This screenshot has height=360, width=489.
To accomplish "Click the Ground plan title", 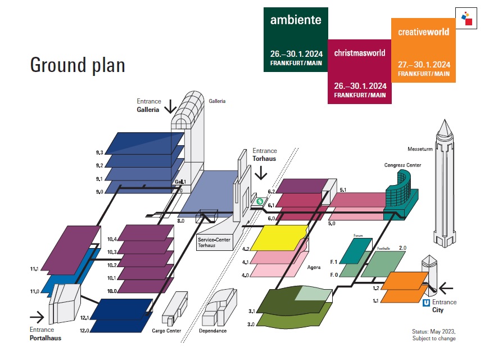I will pos(78,65).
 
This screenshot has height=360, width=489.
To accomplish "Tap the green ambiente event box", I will pos(295,40).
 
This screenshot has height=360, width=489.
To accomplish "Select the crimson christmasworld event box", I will pos(360,71).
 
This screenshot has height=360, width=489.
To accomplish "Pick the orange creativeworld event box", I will pos(423,51).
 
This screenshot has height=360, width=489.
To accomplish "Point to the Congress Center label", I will pos(402,165).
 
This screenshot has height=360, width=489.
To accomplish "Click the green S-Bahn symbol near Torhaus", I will pos(260,201).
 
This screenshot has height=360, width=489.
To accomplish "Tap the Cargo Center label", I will pos(166,331).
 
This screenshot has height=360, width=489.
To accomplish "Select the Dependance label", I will pos(212,331).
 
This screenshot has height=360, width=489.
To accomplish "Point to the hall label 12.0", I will pos(84,330).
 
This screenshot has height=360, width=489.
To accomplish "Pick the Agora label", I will pos(314,267).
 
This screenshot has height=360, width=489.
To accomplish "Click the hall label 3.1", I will pos(252,311).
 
